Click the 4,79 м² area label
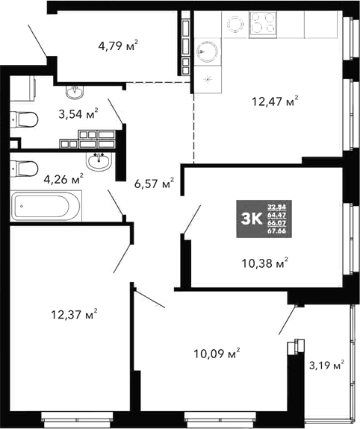pyautogui.click(x=118, y=46)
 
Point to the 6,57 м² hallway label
pyautogui.click(x=154, y=183)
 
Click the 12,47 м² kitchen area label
pyautogui.click(x=274, y=101)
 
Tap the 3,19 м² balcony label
pyautogui.click(x=326, y=365)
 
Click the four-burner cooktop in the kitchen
pyautogui.click(x=264, y=23)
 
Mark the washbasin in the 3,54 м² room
pyautogui.click(x=75, y=92)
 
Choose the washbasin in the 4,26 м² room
pyautogui.click(x=96, y=161)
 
